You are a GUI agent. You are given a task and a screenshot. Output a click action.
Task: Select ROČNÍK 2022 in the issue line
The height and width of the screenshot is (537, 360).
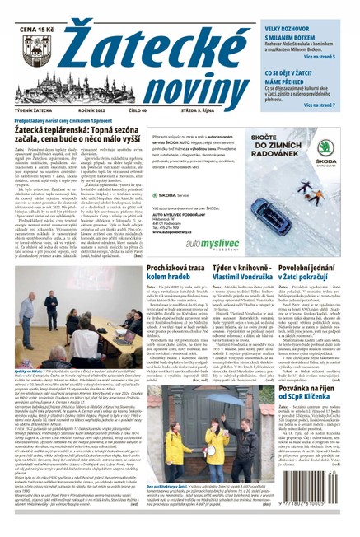click(x=98, y=115)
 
